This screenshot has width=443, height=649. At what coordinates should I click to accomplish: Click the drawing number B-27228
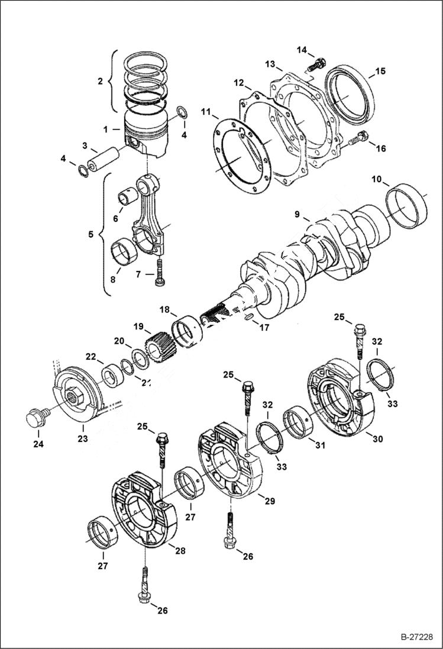point(413,638)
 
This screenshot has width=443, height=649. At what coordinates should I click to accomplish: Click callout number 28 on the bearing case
point(180,550)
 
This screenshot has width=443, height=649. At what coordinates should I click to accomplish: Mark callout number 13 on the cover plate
point(270,63)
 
